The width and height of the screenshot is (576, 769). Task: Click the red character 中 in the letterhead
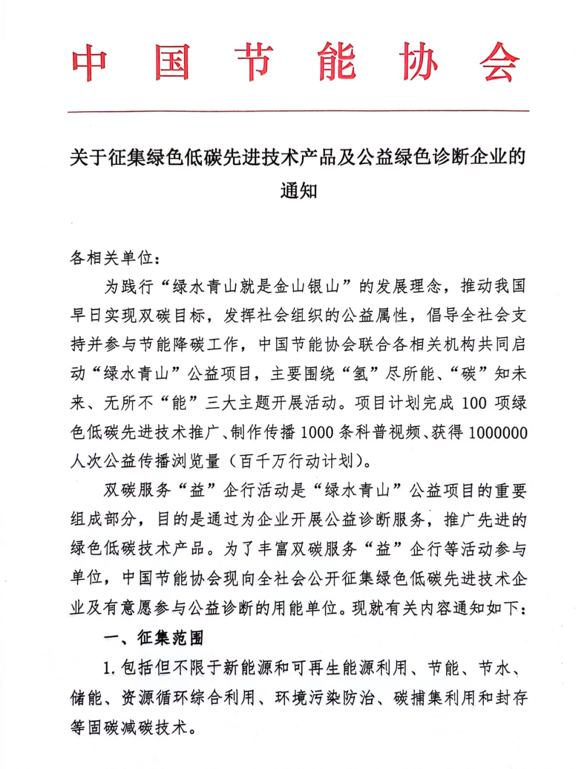tap(90, 63)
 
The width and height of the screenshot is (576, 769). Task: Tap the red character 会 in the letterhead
tap(499, 63)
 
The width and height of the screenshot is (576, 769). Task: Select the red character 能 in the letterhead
tap(337, 63)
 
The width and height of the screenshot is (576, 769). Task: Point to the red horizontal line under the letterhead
tap(298, 111)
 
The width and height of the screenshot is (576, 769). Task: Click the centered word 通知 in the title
tap(299, 190)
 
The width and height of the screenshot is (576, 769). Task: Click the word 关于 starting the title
tap(89, 158)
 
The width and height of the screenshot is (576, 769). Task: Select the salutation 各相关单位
tap(112, 258)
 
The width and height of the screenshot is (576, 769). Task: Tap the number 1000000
tap(498, 432)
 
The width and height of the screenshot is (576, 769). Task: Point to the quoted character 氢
tap(361, 374)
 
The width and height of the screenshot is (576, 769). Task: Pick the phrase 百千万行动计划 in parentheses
tap(297, 461)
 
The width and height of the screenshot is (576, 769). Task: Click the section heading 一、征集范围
tap(154, 637)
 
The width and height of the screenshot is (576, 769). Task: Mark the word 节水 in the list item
tap(494, 668)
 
